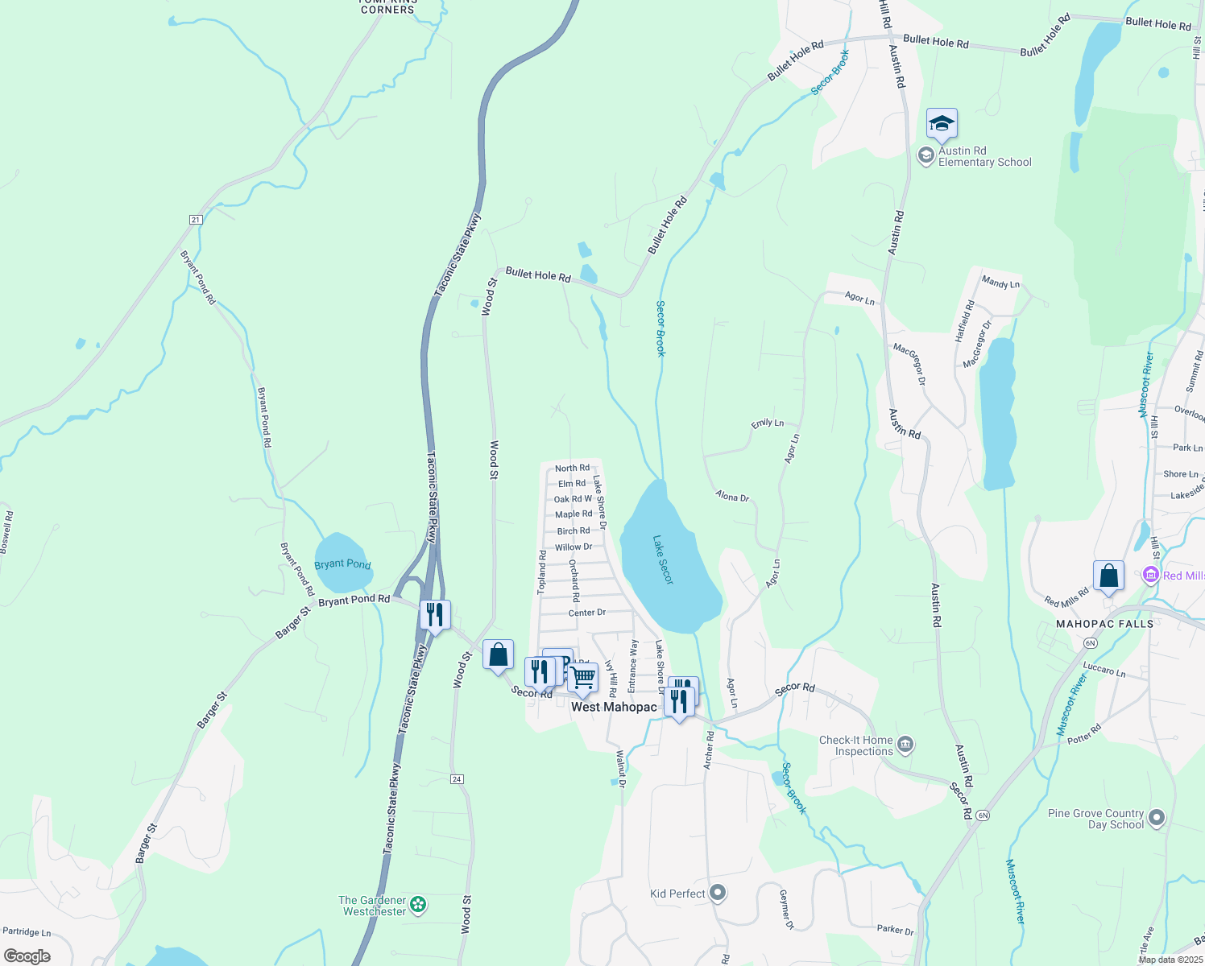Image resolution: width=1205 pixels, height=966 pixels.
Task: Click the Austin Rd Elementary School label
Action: pos(984,156)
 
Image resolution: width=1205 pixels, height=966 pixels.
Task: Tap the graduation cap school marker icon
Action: pos(942,124)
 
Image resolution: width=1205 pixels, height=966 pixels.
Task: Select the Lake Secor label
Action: pos(663,559)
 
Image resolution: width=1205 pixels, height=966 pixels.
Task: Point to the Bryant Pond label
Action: pos(342,563)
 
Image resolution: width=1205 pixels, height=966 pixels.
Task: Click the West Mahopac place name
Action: pos(614,707)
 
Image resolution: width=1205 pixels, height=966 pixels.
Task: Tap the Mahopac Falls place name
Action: pos(1104,624)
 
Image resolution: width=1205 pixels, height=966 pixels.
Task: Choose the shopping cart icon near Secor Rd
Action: pos(582,678)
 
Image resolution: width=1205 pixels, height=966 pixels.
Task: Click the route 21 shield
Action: pos(196,219)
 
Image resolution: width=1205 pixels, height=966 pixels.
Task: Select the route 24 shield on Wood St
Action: pos(458,778)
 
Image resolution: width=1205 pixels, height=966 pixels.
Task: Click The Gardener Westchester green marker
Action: pos(418,905)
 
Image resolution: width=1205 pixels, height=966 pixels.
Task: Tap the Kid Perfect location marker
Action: pos(718,893)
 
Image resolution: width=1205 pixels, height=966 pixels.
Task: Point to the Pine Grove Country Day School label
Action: pos(1095,819)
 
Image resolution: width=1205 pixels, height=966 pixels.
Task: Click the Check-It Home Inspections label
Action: pos(855,745)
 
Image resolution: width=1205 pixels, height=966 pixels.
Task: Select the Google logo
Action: pos(27,956)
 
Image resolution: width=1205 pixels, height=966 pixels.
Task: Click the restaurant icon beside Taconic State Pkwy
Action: pos(435,615)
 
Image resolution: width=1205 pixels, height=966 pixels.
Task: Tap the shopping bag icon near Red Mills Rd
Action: pos(1108,576)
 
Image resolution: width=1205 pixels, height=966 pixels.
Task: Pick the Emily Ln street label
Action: pos(767,423)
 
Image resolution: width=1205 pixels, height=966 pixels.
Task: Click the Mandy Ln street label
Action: pos(1000,283)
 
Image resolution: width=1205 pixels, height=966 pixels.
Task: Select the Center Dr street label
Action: pos(586,613)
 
